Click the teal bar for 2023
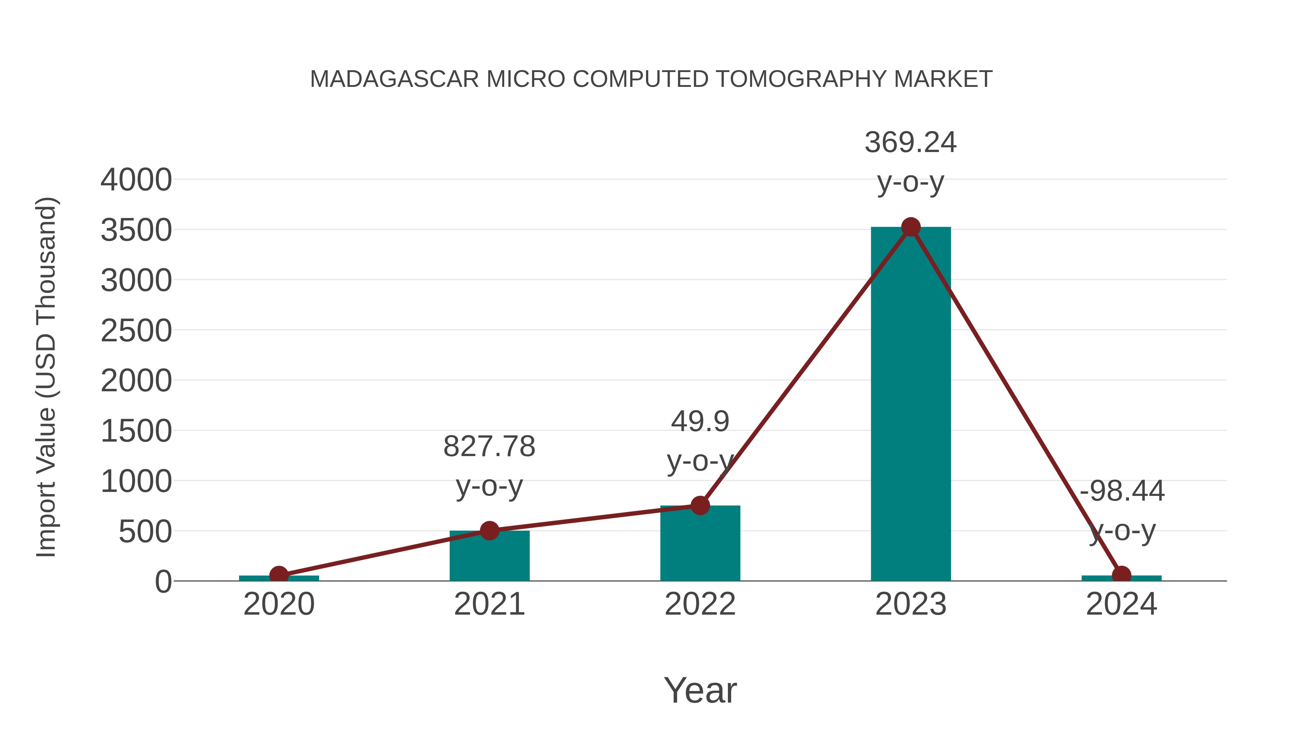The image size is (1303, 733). point(911,405)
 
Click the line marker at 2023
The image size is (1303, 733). point(911,227)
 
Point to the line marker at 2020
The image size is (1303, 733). point(279,575)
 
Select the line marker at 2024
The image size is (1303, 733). point(1121,575)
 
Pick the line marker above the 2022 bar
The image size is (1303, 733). point(700,505)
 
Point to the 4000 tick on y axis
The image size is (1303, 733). point(136,180)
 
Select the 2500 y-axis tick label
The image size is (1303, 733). point(136,331)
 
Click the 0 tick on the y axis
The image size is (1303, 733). point(163,582)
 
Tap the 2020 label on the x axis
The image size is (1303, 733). point(279,604)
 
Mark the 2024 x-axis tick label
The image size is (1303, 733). point(1121,604)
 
